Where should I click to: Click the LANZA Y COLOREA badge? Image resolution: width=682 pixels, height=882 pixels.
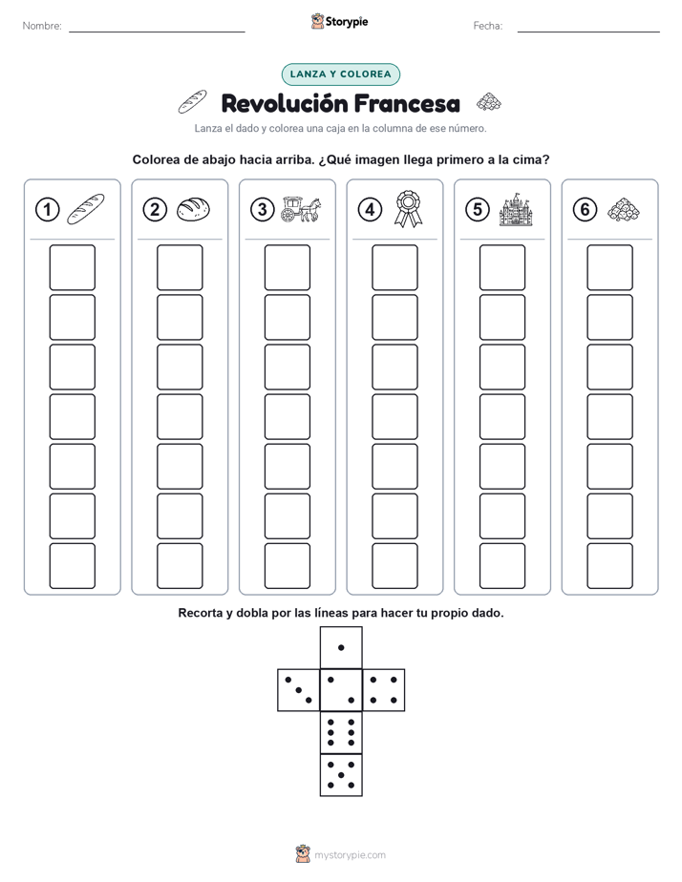coord(340,74)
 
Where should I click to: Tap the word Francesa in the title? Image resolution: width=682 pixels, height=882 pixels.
coord(408,103)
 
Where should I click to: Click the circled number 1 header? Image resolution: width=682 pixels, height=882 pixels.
coord(47,210)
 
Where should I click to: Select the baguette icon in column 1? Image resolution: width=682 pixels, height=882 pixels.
coord(86,209)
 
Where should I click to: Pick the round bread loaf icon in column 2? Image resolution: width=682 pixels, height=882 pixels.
coord(194,209)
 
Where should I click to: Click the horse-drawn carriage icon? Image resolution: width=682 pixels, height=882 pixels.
coord(301,209)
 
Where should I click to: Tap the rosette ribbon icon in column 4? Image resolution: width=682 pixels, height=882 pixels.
coord(409,209)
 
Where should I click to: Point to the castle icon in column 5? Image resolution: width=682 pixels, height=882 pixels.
coord(516,209)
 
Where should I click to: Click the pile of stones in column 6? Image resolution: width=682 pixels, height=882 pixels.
coord(624,209)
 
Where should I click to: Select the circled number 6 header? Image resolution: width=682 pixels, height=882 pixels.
coord(586,210)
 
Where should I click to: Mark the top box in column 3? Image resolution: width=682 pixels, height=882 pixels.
coord(288,267)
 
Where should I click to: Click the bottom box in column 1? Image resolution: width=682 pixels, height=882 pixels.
coord(73,566)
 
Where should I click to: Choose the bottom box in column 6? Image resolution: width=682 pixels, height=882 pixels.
coord(610,566)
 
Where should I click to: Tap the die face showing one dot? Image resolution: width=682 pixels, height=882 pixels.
coord(341,647)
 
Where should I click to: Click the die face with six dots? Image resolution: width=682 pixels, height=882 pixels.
coord(341,732)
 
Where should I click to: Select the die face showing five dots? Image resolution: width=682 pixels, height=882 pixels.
coord(341,775)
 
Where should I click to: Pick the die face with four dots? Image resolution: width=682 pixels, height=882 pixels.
coord(384,690)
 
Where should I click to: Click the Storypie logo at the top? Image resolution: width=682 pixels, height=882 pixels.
coord(339,21)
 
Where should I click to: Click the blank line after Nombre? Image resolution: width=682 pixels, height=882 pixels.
coord(157,31)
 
